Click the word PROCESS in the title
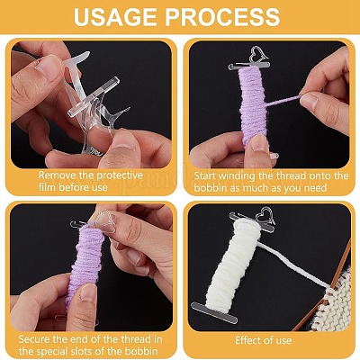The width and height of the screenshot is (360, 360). pyautogui.click(x=222, y=17)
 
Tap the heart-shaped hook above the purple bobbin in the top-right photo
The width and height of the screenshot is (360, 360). pyautogui.click(x=259, y=54)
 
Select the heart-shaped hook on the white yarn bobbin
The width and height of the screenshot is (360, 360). pyautogui.click(x=265, y=215)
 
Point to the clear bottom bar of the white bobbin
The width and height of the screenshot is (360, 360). pyautogui.click(x=214, y=311)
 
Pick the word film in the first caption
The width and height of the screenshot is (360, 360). pyautogui.click(x=48, y=187)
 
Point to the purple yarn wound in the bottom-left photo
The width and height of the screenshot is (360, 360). pyautogui.click(x=85, y=264)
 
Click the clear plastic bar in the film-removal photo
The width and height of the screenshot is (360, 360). pyautogui.click(x=94, y=96)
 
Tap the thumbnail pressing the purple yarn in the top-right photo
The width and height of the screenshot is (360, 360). pyautogui.click(x=258, y=144)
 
